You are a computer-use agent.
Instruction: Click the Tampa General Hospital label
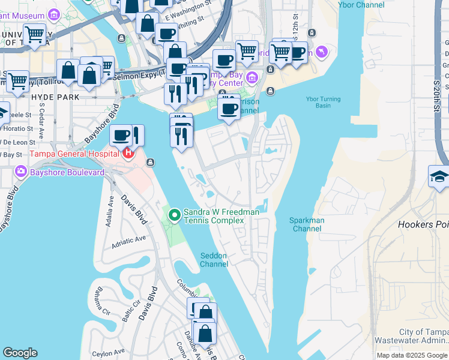tap(65, 152)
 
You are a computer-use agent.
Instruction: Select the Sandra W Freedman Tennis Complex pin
tap(175, 214)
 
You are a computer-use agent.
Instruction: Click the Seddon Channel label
tap(214, 260)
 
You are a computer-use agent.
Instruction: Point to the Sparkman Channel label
tap(307, 224)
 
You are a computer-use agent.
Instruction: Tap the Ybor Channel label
tap(361, 5)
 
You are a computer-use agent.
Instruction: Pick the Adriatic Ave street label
tap(128, 239)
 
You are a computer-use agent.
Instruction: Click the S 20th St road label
tap(436, 96)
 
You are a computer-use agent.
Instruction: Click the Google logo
tap(20, 353)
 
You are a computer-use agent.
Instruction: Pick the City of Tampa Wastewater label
tap(423, 336)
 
